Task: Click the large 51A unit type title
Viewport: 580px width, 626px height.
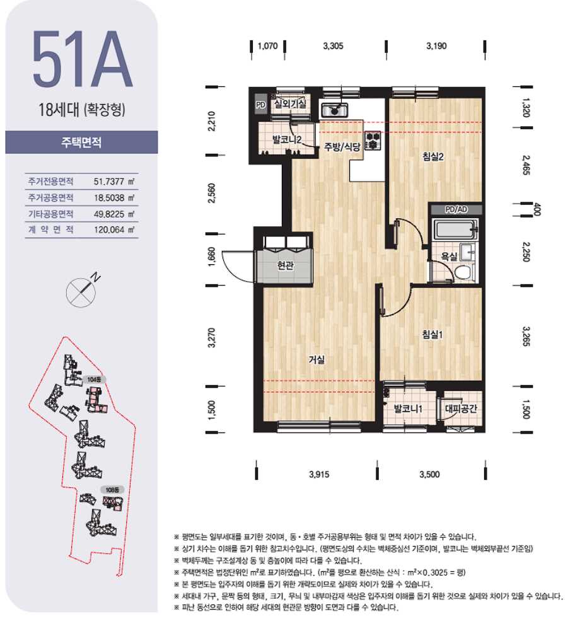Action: (x=82, y=59)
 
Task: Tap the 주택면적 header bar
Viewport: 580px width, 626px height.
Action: (x=81, y=142)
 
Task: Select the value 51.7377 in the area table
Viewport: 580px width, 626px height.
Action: (x=108, y=182)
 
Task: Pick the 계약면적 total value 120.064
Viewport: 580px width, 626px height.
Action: (x=109, y=230)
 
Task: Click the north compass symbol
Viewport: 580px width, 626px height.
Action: (x=82, y=291)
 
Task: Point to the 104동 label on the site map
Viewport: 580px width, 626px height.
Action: (x=94, y=380)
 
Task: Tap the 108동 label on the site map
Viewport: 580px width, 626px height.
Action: (x=113, y=489)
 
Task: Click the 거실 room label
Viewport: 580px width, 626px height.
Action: (x=316, y=360)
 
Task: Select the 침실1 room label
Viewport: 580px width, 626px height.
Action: (x=432, y=335)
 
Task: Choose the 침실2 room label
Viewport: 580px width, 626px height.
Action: (x=433, y=156)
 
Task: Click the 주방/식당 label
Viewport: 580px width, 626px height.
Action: (x=342, y=147)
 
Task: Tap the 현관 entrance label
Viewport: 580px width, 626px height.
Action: (x=286, y=265)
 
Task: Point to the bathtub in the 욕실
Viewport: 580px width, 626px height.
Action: (x=455, y=229)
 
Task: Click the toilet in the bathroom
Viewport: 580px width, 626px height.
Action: (x=463, y=273)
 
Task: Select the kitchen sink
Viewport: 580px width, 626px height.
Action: (x=335, y=110)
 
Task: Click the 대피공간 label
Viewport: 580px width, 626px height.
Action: (x=461, y=409)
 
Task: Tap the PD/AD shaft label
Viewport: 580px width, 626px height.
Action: (x=456, y=209)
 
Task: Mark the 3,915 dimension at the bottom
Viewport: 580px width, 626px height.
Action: (x=319, y=474)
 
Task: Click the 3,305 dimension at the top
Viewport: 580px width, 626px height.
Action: (x=333, y=46)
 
